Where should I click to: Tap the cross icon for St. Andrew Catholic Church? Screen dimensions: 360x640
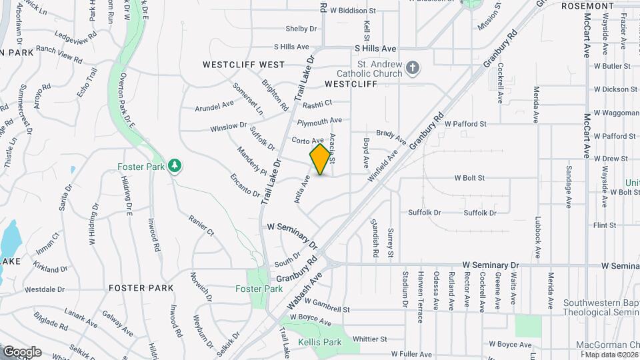tap(413, 67)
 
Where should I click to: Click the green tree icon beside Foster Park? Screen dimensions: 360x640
tap(175, 165)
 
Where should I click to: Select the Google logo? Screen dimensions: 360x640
tap(22, 352)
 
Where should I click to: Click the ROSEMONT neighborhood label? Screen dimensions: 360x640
tap(587, 6)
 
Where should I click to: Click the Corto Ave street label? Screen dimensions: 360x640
tap(307, 139)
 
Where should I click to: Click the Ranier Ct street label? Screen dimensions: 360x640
tap(201, 224)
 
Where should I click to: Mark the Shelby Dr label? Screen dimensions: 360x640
tap(301, 29)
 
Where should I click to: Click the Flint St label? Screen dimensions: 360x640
tap(605, 225)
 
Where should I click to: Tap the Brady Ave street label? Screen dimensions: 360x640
tap(391, 137)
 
